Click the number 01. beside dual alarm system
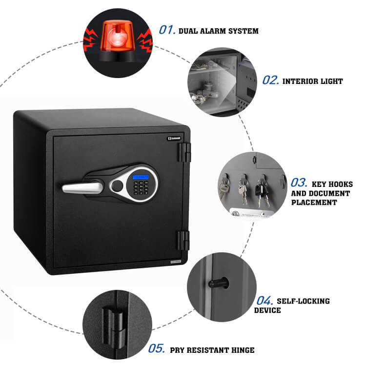click(x=167, y=30)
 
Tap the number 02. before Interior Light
click(x=270, y=80)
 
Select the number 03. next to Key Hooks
click(x=299, y=183)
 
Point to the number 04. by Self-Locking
click(x=264, y=300)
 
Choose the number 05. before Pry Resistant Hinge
click(x=156, y=349)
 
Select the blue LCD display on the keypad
click(x=142, y=177)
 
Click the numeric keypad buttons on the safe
click(x=142, y=188)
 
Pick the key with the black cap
click(x=260, y=185)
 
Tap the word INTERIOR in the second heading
click(x=300, y=81)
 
